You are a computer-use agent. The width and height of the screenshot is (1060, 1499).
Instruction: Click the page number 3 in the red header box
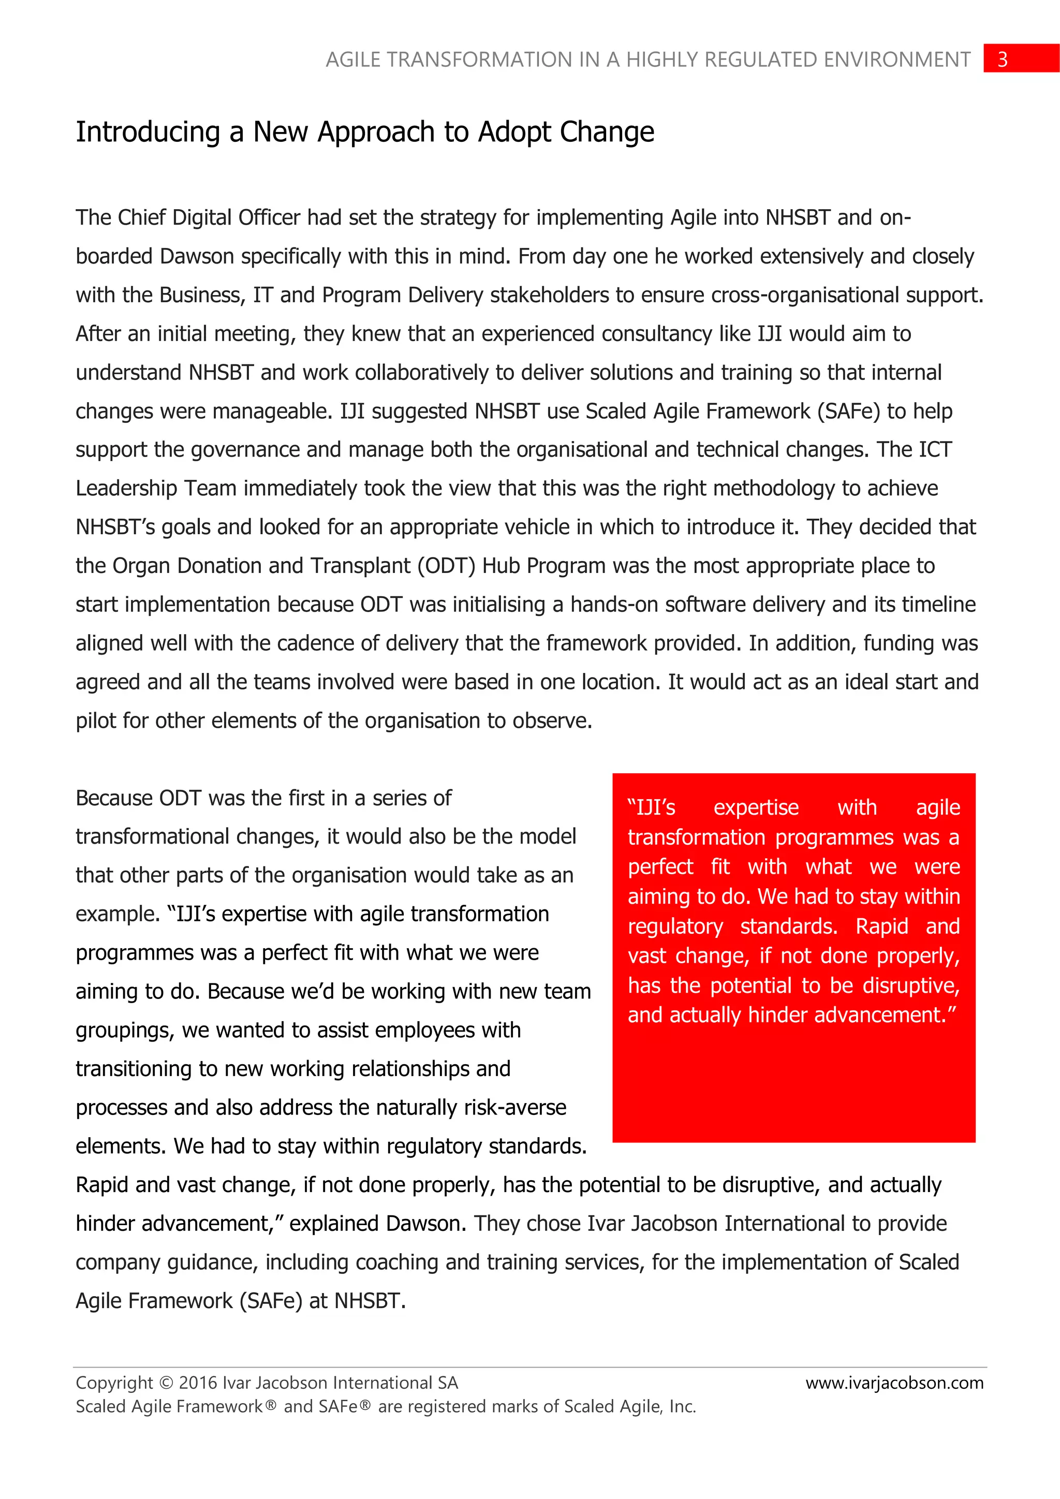coord(1003,60)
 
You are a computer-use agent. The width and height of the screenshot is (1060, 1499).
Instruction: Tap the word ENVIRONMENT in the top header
coord(896,60)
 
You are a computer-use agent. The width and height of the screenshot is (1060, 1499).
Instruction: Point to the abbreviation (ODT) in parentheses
coord(447,565)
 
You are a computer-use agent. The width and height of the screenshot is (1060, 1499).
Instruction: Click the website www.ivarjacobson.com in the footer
coord(894,1383)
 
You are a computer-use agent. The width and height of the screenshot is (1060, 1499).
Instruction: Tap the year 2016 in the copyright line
coord(198,1383)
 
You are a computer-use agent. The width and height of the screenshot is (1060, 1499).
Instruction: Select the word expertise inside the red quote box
coord(756,809)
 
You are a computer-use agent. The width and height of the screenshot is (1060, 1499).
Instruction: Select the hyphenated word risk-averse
coord(514,1108)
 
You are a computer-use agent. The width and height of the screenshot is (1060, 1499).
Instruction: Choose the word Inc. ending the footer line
coord(682,1407)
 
